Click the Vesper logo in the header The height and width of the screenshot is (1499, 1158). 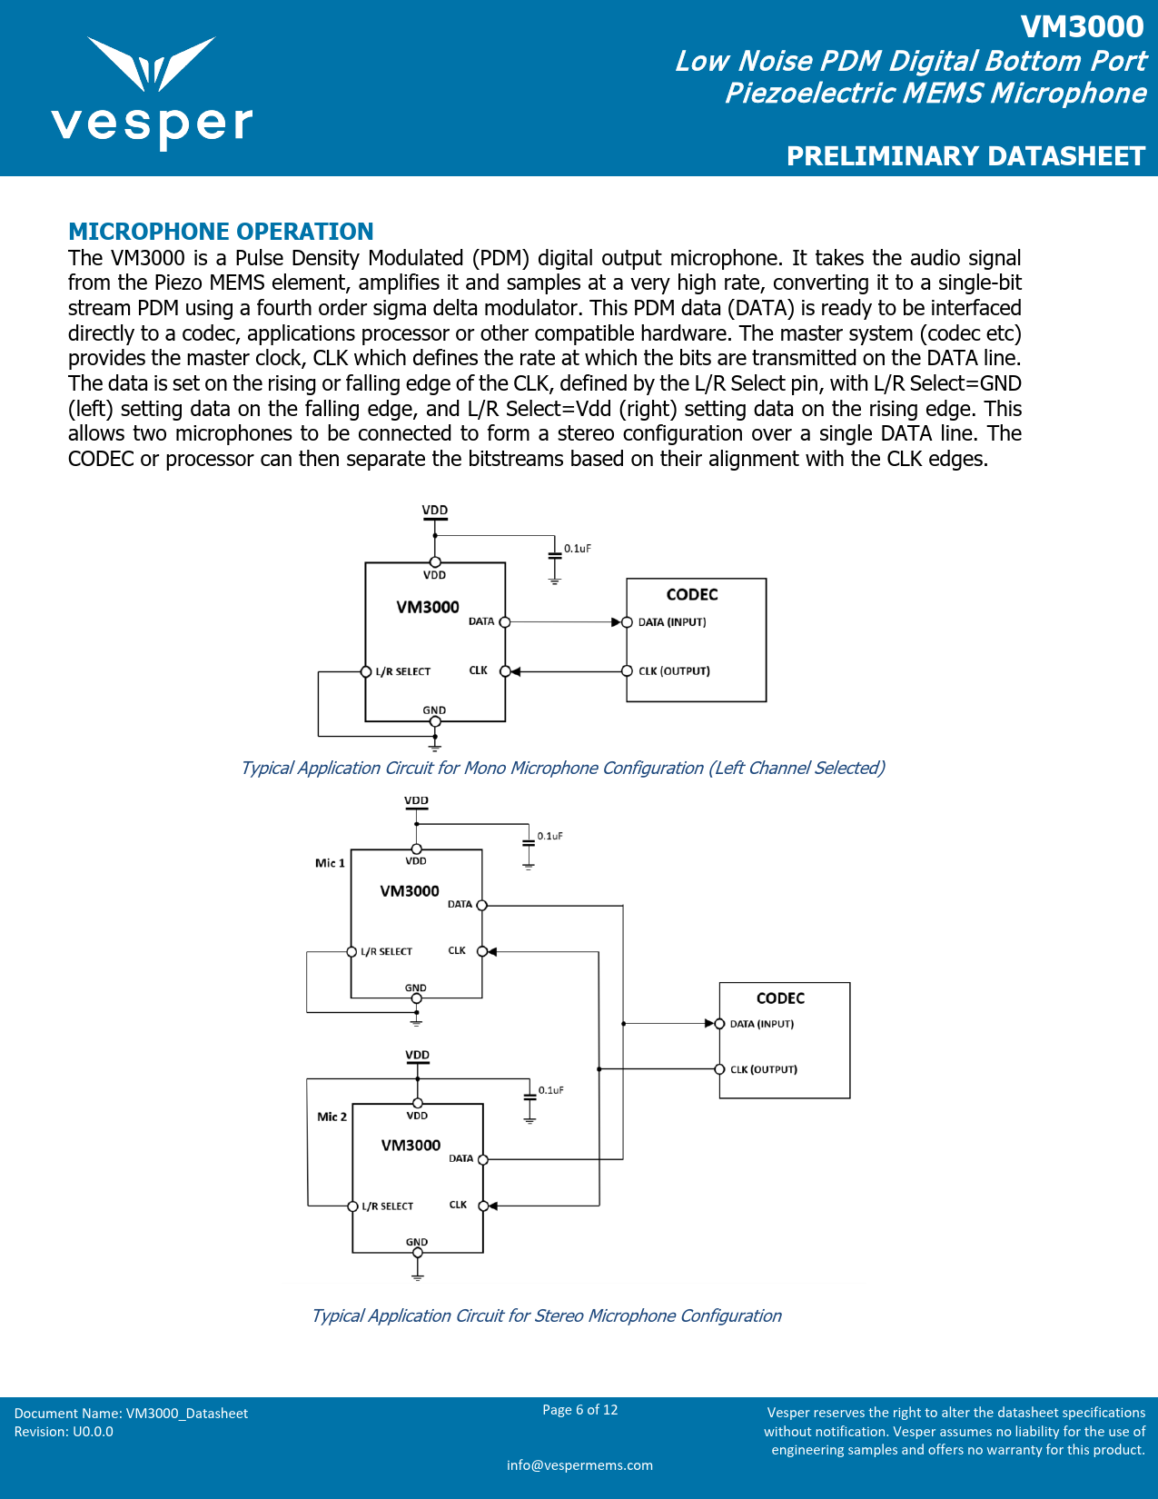point(152,91)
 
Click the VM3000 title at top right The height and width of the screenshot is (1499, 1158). point(1082,27)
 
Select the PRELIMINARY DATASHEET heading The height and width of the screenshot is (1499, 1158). point(965,156)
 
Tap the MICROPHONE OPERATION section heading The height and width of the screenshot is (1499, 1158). point(221,232)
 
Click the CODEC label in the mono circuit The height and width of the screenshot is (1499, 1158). point(692,595)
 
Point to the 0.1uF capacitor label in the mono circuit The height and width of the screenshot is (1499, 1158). point(578,549)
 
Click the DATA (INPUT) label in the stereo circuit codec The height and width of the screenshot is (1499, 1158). point(762,1024)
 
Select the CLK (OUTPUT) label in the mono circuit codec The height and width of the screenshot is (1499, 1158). point(674,671)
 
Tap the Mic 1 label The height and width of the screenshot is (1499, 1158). point(330,863)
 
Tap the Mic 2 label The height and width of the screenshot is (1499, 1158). point(332,1117)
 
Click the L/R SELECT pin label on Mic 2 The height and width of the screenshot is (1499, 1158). point(388,1206)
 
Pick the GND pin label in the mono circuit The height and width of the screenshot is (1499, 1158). point(434,710)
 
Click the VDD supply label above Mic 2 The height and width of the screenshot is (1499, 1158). point(418,1056)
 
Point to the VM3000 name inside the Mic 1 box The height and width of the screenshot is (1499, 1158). point(410,891)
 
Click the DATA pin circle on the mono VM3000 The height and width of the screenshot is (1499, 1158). point(505,622)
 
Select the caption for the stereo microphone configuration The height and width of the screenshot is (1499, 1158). point(546,1315)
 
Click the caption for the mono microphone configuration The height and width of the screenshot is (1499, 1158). point(562,768)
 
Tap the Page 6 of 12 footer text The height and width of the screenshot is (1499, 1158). point(579,1410)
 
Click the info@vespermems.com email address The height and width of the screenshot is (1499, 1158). point(579,1464)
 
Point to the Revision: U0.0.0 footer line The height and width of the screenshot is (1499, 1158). point(64,1432)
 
